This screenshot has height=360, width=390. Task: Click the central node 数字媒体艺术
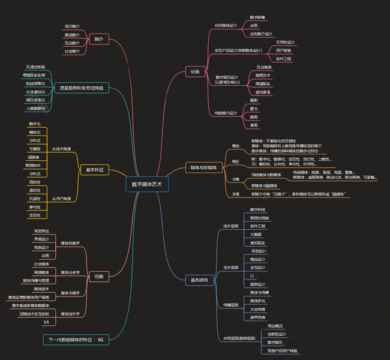tap(147, 184)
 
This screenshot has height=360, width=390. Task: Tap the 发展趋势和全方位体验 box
tap(81, 88)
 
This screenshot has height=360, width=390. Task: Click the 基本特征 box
tap(94, 170)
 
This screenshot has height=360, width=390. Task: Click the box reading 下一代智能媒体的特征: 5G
tap(76, 340)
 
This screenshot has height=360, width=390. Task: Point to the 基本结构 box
tap(199, 280)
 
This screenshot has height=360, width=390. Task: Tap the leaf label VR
tap(46, 322)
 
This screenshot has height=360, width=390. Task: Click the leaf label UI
tap(252, 275)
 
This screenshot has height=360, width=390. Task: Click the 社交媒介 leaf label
tap(72, 52)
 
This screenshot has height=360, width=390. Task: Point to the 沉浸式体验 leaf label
tap(35, 67)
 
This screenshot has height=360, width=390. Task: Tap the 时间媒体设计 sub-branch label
tap(226, 26)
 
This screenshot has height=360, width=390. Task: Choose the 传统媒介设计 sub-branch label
tap(226, 113)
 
